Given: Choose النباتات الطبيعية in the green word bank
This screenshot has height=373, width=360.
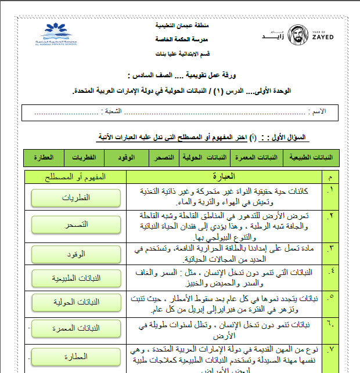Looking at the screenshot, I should pos(311,158).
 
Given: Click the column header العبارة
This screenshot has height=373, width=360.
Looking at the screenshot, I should pos(224,176).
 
